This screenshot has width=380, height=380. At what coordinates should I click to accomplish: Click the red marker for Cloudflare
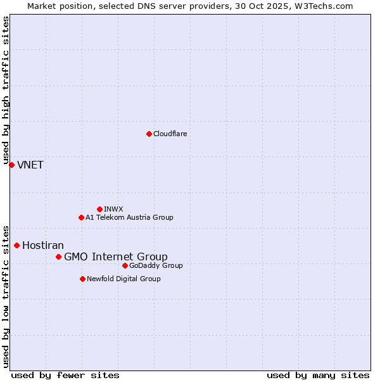pos(149,134)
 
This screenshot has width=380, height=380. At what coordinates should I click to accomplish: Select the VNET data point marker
pos(11,165)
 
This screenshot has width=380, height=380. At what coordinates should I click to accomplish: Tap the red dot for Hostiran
pos(16,245)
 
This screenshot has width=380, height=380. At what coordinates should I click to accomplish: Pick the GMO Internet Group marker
pos(58,256)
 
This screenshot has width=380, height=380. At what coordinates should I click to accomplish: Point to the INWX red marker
pos(99,209)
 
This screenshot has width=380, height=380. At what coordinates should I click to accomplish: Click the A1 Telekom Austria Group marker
pos(81,217)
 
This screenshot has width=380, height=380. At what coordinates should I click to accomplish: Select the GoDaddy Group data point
pos(125,265)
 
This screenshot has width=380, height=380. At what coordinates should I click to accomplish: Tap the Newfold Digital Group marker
pos(82,279)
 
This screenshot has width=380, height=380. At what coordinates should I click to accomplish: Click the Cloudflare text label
pos(170,134)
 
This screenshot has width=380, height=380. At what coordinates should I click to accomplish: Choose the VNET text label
pos(30,165)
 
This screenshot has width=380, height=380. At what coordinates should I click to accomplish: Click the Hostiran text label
pos(43,246)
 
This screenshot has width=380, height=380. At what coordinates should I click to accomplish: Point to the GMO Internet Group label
pos(116,256)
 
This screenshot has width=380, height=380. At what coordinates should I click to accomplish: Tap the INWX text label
pos(113,209)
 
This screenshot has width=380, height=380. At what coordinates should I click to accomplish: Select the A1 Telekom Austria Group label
pos(129,217)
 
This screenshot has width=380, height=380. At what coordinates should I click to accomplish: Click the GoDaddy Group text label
pos(156,265)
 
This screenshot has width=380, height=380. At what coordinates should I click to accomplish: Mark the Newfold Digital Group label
pos(123,279)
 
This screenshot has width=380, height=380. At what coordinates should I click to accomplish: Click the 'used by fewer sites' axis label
pos(65,375)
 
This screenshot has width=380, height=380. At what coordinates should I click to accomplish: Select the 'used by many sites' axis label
pos(318,375)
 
